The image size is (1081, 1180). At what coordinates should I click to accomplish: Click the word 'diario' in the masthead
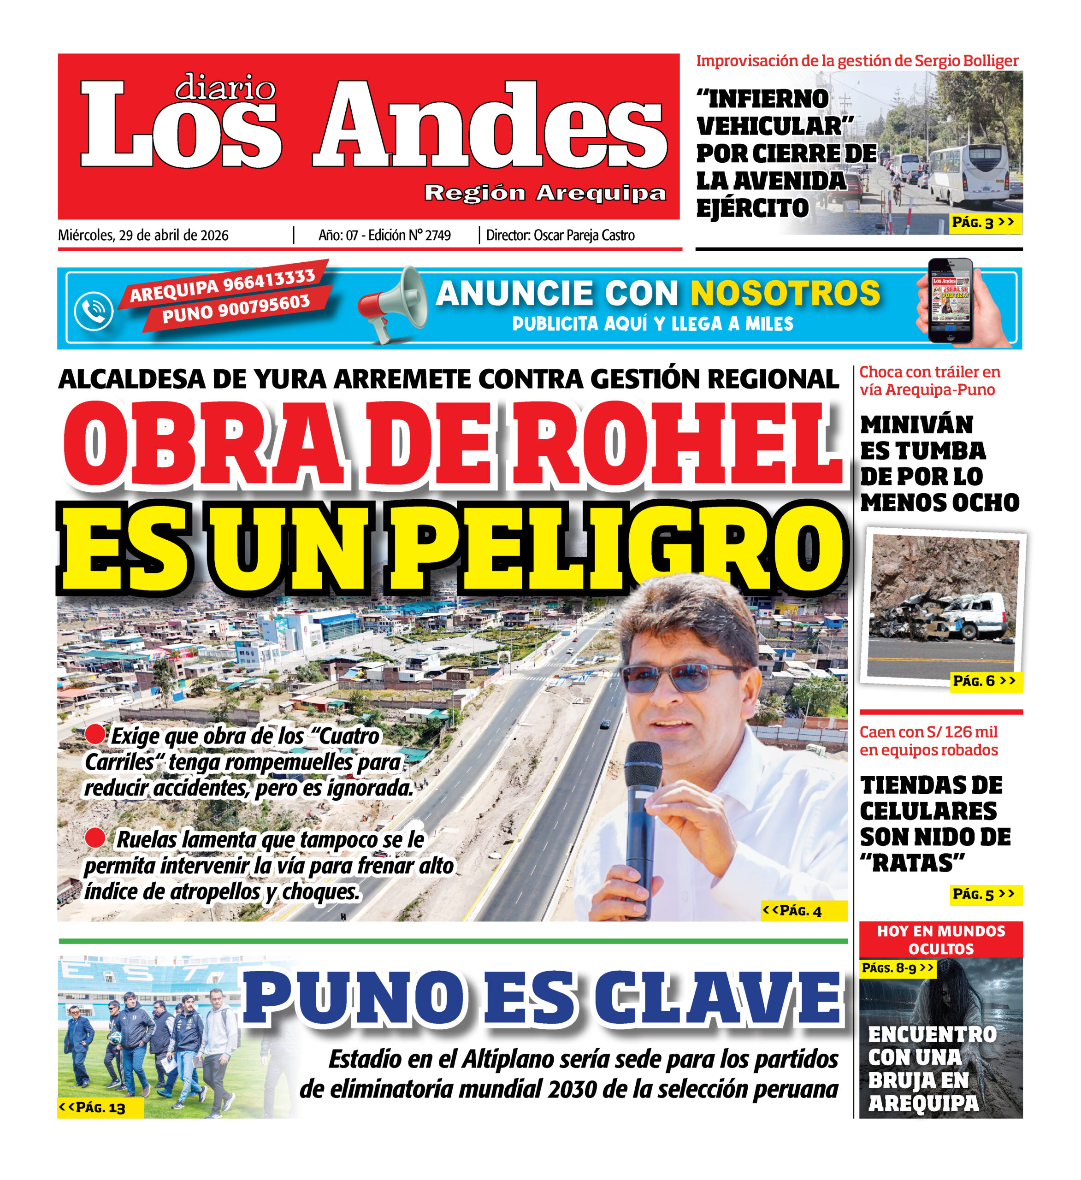(225, 88)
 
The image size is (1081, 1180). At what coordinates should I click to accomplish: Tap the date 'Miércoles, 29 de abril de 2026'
(143, 235)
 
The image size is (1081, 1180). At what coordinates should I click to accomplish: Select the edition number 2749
(438, 235)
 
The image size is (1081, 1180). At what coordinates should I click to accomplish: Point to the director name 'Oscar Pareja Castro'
(584, 235)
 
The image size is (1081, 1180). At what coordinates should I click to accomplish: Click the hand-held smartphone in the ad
(951, 301)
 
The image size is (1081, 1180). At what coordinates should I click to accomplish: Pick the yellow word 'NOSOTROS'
(785, 293)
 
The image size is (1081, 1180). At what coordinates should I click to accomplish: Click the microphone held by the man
(642, 820)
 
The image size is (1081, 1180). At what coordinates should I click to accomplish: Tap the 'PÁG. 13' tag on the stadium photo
(94, 1108)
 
